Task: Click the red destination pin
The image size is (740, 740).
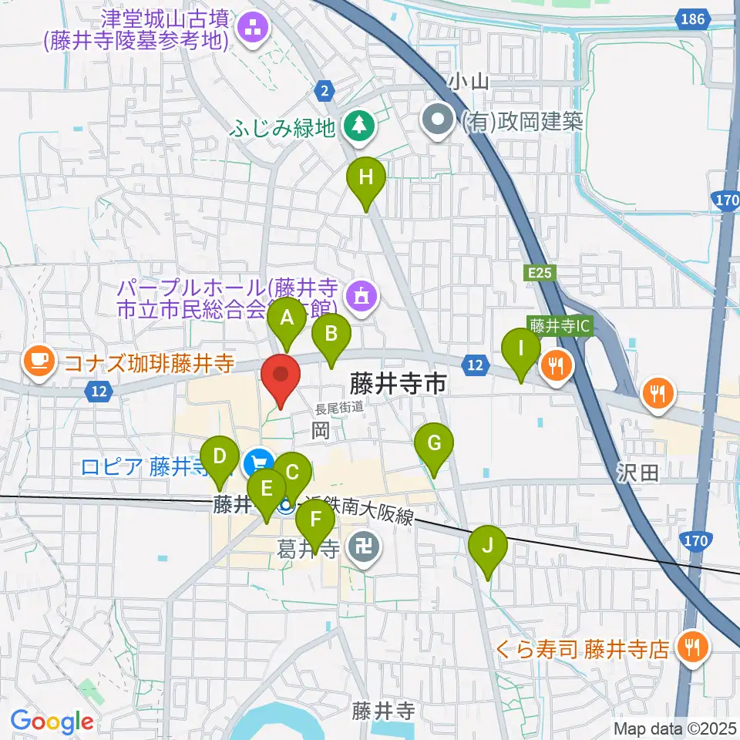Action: coord(281,377)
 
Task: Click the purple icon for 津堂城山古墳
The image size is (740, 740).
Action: coord(251,29)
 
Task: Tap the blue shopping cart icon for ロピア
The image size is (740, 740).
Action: coord(257,464)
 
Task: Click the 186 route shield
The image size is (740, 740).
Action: coord(692,18)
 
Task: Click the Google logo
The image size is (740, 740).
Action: coord(52,721)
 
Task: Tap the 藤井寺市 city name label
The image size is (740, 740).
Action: coord(398,383)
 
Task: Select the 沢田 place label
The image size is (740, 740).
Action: coord(637,473)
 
